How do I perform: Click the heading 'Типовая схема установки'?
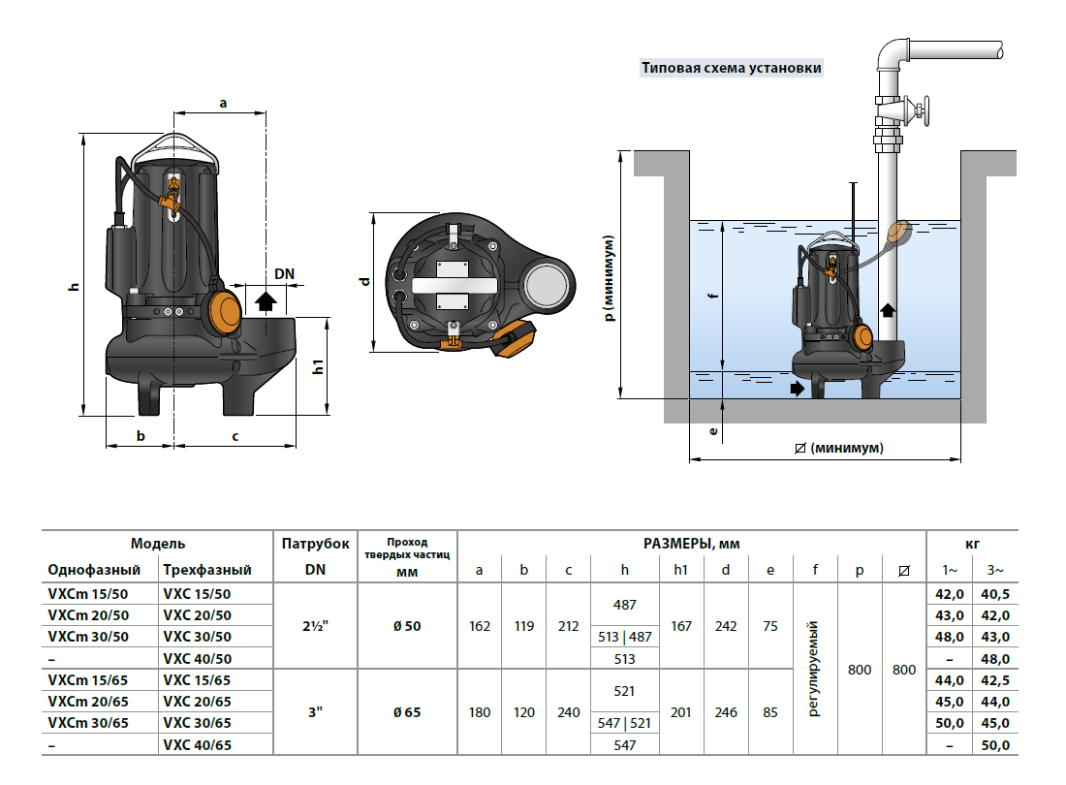point(731,69)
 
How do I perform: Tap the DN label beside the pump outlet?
point(284,274)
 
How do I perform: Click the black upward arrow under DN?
point(264,298)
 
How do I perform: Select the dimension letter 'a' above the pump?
point(223,102)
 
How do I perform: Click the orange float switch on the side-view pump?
point(224,309)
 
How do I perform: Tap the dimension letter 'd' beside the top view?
point(364,281)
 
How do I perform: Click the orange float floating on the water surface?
point(900,232)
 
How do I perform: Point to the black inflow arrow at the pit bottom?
point(797,388)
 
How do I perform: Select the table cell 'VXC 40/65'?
point(198,745)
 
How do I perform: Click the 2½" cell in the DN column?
point(315,626)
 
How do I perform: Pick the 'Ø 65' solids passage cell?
point(407,713)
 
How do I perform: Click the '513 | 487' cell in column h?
point(625,637)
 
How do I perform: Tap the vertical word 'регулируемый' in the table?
point(814,669)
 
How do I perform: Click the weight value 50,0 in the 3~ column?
point(996,745)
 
